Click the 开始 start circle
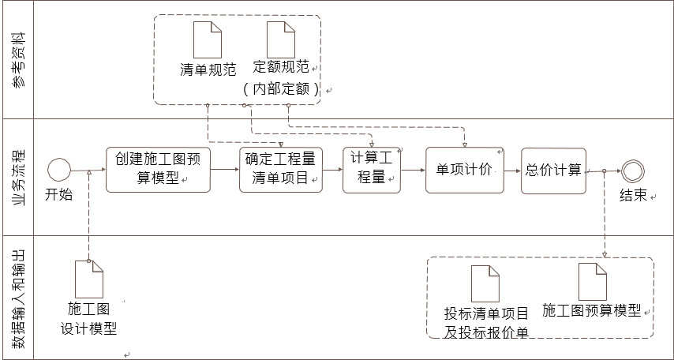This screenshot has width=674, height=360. pos(58,170)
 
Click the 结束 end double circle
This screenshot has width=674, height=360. pos(633,171)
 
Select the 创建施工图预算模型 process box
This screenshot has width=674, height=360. pos(159,170)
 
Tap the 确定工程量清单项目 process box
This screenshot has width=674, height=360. pos(281,170)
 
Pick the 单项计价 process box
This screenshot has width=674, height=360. pos(464,170)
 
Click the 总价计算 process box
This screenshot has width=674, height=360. pos(553,170)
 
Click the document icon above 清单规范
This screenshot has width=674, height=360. pos(208,39)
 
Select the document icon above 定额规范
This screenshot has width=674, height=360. pos(280,39)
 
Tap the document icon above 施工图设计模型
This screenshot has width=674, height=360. pos(88,279)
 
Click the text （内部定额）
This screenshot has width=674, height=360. pos(281,89)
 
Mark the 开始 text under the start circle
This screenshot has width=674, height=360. pos(58,194)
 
